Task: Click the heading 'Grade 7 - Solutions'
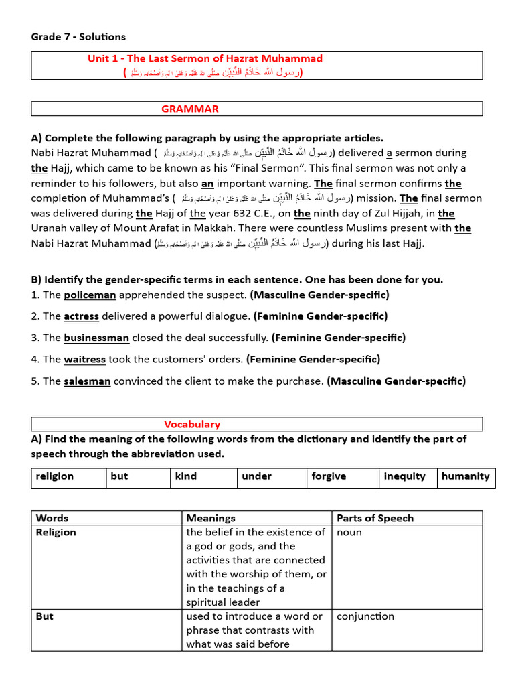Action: pos(78,36)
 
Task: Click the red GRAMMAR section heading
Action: pos(189,109)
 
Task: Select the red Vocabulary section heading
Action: pos(192,424)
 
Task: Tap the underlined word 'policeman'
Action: pos(90,295)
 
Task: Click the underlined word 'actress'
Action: pos(81,316)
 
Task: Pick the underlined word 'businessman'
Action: pos(96,338)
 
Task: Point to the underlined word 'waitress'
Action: pos(84,359)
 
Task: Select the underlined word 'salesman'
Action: pos(87,381)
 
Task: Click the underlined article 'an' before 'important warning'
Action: pos(207,183)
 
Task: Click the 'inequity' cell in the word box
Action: pos(404,476)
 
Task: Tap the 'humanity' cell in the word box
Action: pos(465,476)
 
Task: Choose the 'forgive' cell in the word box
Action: pos(329,476)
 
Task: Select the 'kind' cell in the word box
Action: pos(186,476)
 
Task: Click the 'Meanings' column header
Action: pos(211,518)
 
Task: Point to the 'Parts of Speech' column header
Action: pos(375,518)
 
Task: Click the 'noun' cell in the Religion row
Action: pos(349,532)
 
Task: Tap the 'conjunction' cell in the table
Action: pos(365,616)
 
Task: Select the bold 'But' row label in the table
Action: pos(45,616)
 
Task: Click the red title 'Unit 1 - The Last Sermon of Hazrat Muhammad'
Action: pos(205,58)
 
